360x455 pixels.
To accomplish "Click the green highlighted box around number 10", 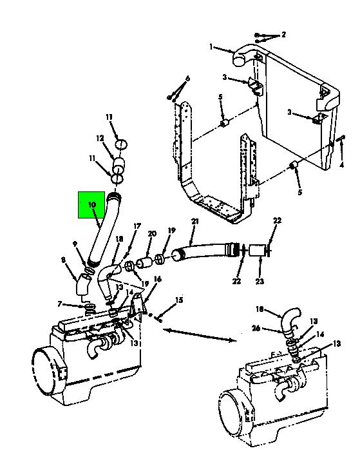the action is point(91,204).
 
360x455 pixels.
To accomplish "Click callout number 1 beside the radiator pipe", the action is point(211,46).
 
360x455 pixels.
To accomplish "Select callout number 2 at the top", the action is point(283,35).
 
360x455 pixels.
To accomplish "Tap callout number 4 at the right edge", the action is point(341,165).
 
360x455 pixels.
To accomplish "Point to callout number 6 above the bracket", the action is point(187,79).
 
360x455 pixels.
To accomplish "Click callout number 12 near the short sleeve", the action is point(100,139).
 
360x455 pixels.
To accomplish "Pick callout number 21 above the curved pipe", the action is point(195,222).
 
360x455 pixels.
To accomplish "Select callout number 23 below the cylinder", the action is point(260,281).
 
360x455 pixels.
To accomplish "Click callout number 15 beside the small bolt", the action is point(180,300).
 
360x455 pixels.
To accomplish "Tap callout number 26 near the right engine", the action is point(256,329).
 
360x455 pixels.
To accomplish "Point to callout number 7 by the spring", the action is point(60,304).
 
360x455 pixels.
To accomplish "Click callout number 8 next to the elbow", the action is point(64,260).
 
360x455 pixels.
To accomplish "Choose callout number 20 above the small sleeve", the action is point(152,233).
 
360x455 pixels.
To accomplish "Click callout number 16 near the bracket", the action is point(157,279).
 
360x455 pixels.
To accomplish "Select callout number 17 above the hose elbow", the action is point(137,226).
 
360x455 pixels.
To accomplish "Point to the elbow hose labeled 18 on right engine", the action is point(290,322).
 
